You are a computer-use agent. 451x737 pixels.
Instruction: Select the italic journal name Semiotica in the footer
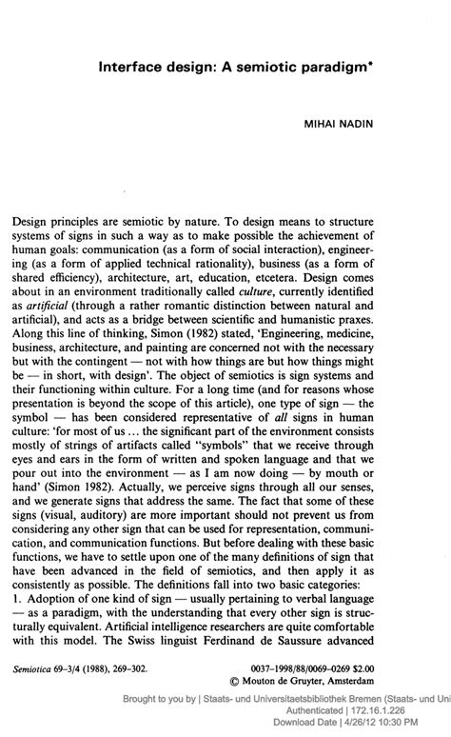tap(37, 668)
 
